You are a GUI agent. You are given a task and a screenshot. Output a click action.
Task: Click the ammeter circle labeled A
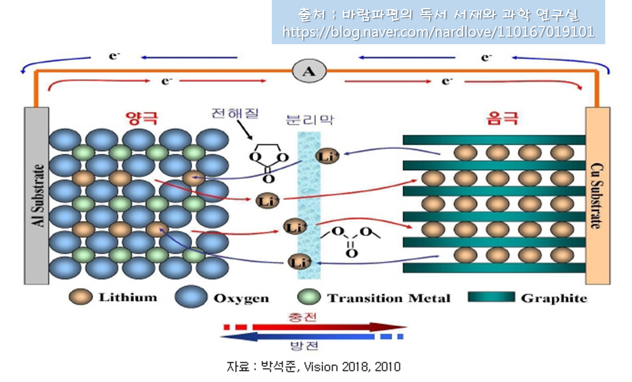tap(309, 71)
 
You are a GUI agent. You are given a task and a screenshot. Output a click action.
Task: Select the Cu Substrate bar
tap(598, 196)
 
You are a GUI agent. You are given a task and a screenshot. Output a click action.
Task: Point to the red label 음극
tap(502, 119)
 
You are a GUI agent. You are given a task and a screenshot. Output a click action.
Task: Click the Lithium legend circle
tap(80, 297)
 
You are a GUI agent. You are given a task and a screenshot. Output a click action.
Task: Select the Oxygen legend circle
tap(191, 297)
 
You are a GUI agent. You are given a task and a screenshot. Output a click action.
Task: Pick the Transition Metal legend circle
tap(309, 297)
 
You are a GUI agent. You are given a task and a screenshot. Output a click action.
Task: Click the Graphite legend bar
tap(491, 297)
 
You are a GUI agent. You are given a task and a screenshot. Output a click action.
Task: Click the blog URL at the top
tap(438, 32)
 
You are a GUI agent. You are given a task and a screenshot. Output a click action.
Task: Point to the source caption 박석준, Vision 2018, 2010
tap(314, 367)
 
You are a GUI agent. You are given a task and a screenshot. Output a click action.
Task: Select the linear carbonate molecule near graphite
tap(351, 239)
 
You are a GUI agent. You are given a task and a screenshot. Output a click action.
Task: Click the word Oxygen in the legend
tap(241, 298)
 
